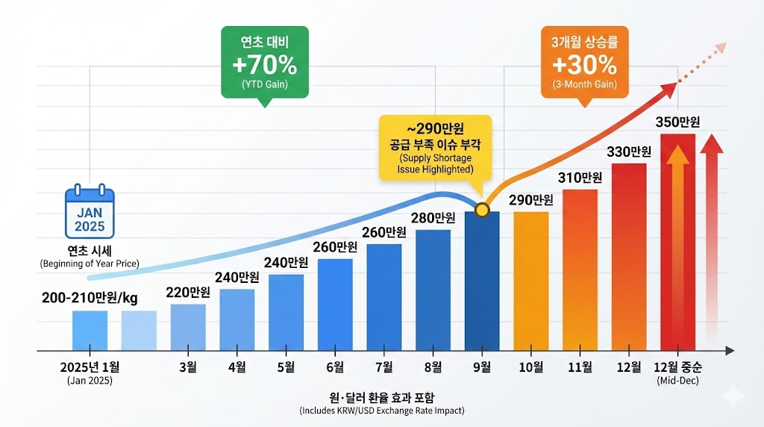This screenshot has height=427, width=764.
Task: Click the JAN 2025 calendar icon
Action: point(90,213)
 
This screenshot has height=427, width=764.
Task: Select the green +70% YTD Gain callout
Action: point(265,63)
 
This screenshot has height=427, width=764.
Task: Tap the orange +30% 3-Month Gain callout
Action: point(584,63)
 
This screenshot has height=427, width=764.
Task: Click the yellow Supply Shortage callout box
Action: point(436,146)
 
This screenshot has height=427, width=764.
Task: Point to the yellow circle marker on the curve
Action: point(481,210)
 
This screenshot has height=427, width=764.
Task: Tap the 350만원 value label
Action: point(677,122)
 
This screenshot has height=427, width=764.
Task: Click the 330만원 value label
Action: point(629,152)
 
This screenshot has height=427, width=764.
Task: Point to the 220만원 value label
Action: point(187,292)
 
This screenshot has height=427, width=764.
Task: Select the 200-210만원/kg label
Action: point(90,298)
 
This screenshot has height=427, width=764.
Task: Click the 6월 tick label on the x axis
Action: point(335,367)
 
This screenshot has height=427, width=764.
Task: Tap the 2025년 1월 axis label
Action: point(90,367)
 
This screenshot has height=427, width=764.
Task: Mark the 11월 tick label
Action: point(580,367)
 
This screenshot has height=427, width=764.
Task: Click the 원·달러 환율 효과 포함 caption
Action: point(381,396)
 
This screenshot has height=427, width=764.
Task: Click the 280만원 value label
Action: point(433,217)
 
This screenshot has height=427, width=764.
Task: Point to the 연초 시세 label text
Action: point(90,251)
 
